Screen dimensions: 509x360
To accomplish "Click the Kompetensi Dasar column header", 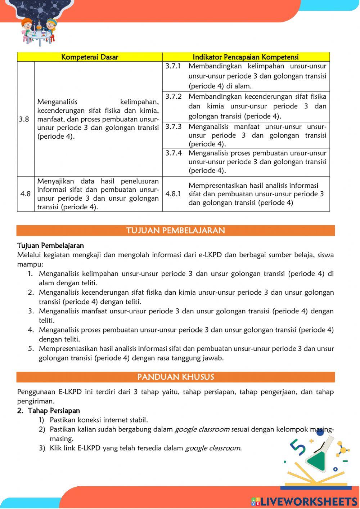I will [90, 57].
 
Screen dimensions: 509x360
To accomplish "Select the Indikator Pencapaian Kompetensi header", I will [246, 57].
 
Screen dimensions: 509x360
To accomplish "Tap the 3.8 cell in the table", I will [24, 119].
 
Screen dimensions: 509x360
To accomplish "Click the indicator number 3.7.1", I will [174, 66].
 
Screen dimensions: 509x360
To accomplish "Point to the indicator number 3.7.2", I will [174, 97].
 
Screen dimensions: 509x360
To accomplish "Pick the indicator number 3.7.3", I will [174, 127].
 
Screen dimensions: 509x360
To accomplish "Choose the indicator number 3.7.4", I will [174, 153].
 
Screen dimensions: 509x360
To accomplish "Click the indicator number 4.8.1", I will [173, 194].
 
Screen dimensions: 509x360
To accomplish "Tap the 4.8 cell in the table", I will [25, 194].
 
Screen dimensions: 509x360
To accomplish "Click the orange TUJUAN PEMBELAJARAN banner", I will [176, 231].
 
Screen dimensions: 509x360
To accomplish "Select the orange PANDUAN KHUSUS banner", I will [176, 377].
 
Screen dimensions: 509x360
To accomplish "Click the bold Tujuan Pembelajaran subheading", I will [50, 246].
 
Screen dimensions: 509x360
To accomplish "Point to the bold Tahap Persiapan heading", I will [54, 411].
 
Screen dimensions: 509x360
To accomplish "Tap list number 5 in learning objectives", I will [31, 348].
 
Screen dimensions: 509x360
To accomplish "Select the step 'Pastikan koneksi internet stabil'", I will [99, 420].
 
